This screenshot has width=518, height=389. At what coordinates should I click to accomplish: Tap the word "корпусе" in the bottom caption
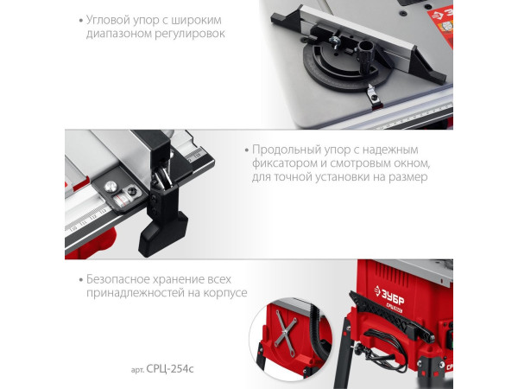(225, 294)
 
